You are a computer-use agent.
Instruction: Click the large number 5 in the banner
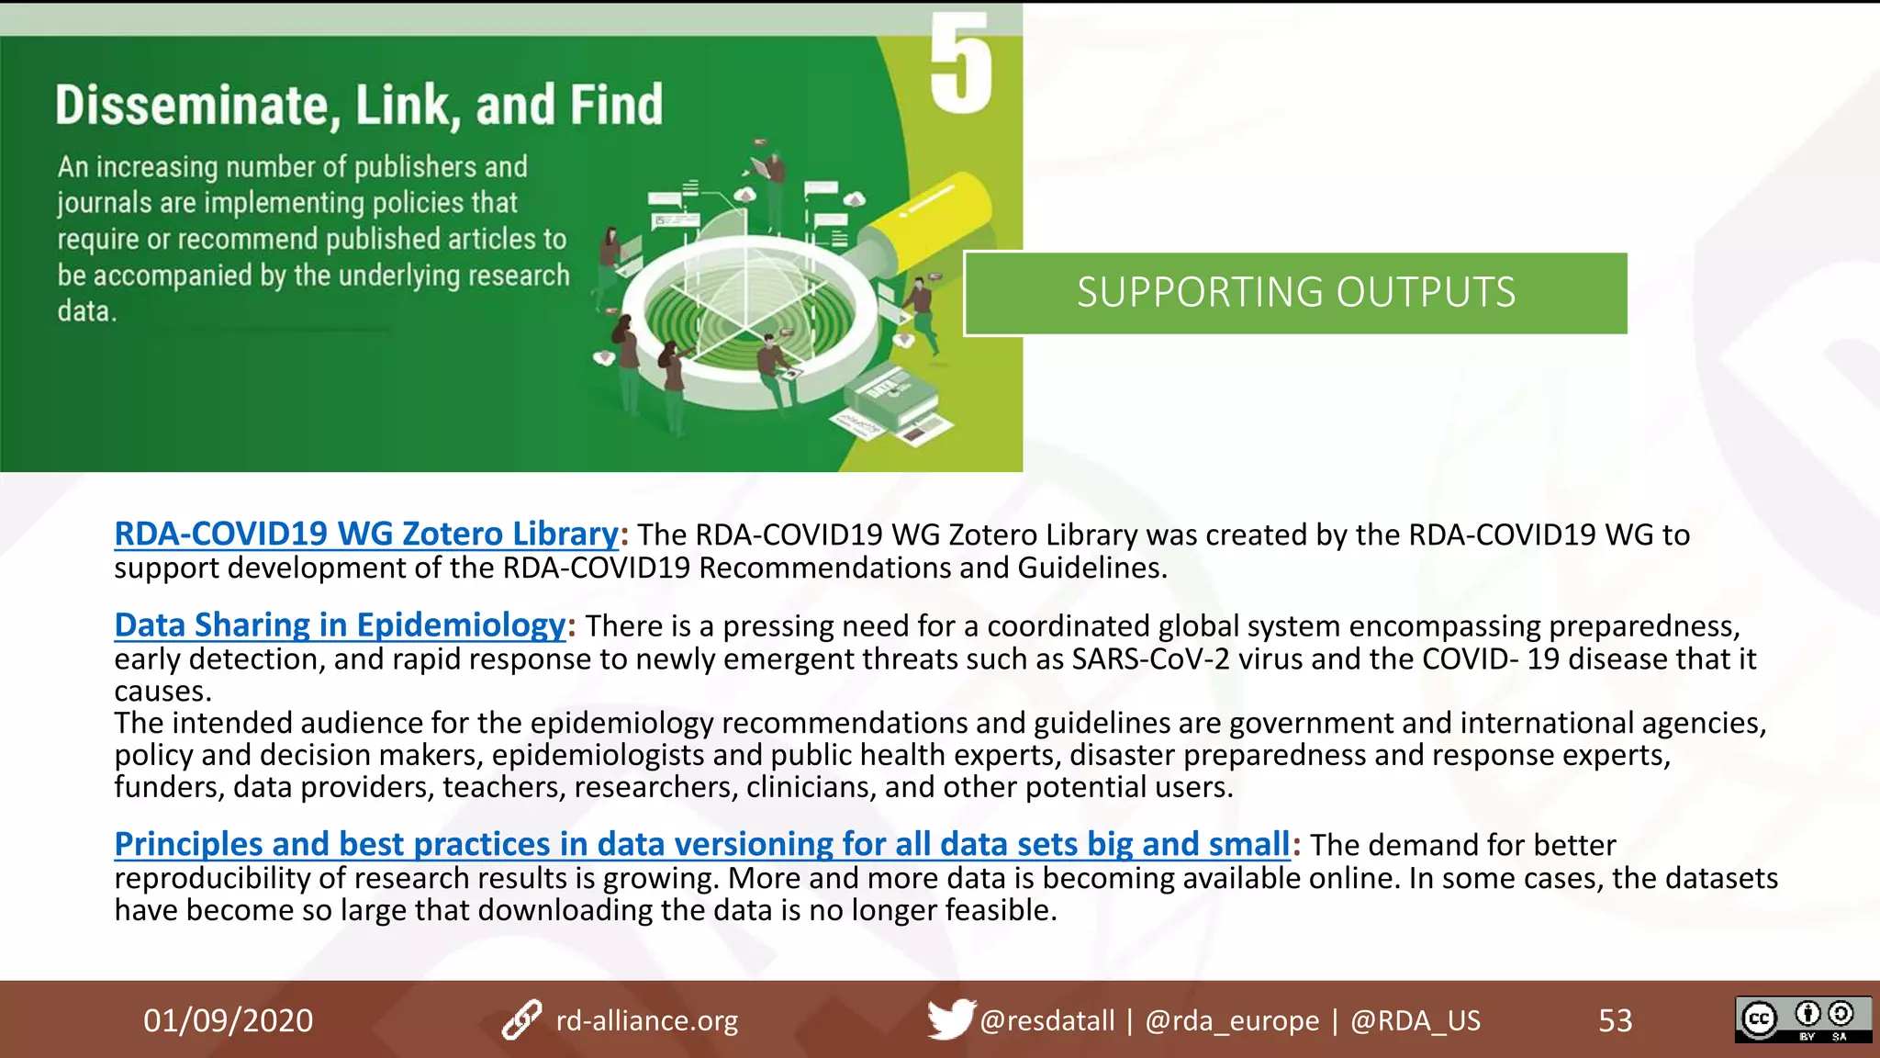(x=960, y=64)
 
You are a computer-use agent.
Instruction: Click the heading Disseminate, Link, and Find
(x=358, y=105)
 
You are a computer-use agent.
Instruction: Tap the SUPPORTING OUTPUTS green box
(x=1295, y=293)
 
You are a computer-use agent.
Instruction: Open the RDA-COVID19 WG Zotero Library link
(x=366, y=534)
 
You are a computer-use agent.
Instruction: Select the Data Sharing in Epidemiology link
(x=340, y=625)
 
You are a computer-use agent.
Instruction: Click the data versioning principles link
(x=702, y=843)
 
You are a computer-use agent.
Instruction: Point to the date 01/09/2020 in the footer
(x=228, y=1020)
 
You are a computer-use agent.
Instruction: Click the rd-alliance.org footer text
(x=646, y=1020)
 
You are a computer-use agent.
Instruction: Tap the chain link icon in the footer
(x=521, y=1020)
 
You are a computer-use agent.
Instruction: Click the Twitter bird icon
(x=950, y=1019)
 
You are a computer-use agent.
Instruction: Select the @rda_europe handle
(x=1231, y=1020)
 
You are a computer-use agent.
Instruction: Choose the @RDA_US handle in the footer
(x=1415, y=1020)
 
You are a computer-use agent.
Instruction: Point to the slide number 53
(x=1615, y=1020)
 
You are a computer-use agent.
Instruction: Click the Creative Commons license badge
(x=1802, y=1019)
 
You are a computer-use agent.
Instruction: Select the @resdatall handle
(x=1046, y=1020)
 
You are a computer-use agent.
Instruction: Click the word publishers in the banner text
(x=415, y=167)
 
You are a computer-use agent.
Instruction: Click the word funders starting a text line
(x=168, y=787)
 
